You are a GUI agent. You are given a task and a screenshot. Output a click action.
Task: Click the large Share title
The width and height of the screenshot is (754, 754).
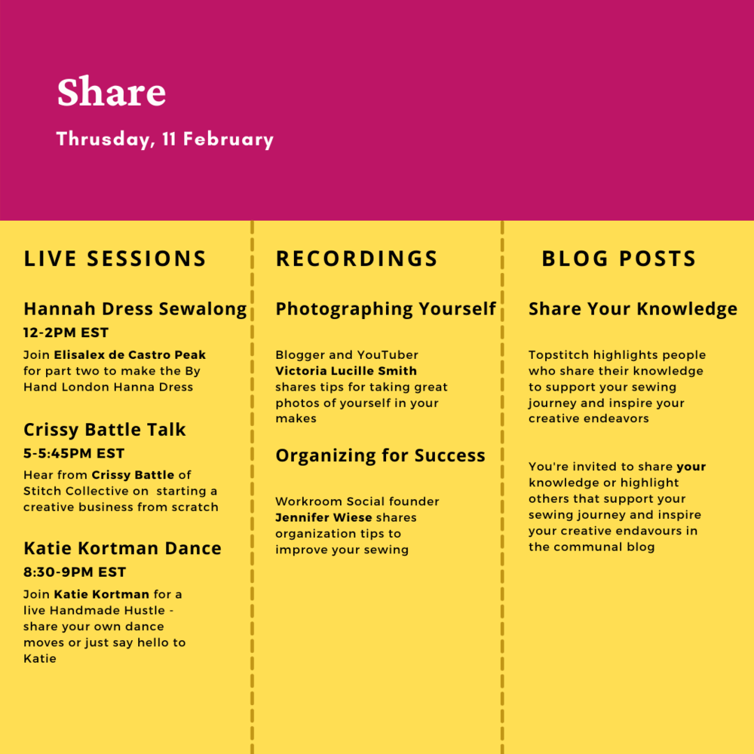(x=112, y=91)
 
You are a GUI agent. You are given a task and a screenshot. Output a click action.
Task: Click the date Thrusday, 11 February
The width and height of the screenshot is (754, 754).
(x=165, y=139)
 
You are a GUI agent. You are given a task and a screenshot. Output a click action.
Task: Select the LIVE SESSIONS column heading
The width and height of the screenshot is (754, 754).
(x=115, y=259)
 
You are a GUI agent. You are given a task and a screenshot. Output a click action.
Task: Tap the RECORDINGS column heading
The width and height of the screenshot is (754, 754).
(x=357, y=259)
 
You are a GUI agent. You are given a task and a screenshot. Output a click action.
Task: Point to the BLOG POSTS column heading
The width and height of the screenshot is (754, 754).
(x=619, y=259)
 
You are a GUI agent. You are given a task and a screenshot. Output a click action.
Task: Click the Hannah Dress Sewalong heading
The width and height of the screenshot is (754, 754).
(x=135, y=308)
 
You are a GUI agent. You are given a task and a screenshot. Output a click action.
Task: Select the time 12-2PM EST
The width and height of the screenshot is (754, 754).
(x=66, y=333)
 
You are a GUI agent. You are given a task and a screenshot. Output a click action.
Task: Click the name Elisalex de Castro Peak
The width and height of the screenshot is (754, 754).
(x=130, y=355)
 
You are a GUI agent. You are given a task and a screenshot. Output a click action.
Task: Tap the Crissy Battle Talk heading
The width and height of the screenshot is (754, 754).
(x=104, y=430)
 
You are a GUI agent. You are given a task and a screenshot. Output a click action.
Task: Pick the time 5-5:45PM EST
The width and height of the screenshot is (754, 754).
(x=74, y=453)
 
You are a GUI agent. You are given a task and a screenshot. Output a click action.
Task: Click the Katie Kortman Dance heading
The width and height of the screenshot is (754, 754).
(x=122, y=548)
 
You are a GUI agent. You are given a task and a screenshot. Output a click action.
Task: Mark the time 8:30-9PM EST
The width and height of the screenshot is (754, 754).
(x=75, y=572)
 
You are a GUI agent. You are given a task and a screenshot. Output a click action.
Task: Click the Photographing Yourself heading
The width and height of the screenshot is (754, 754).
(x=385, y=308)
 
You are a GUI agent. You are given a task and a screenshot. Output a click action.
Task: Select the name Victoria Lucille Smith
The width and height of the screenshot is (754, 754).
(x=346, y=371)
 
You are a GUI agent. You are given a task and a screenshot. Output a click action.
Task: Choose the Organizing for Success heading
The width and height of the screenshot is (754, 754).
(x=380, y=455)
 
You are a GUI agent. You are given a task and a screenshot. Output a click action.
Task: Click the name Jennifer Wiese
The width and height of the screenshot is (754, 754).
(x=323, y=517)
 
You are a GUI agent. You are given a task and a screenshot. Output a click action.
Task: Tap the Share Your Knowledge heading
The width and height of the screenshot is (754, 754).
(x=633, y=308)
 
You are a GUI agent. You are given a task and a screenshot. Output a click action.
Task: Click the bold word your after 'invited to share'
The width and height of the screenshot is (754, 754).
(x=691, y=467)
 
